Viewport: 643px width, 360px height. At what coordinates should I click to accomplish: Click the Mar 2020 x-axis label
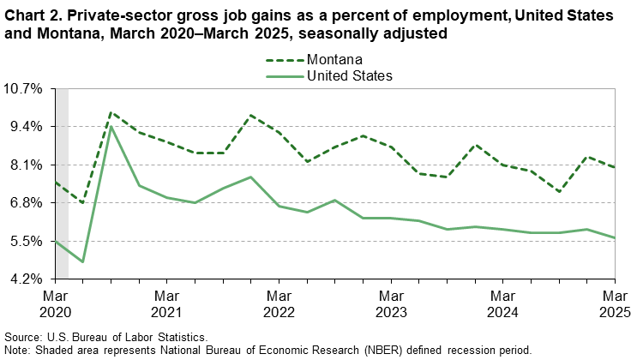pyautogui.click(x=55, y=302)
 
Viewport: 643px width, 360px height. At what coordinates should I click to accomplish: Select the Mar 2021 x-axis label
pyautogui.click(x=166, y=302)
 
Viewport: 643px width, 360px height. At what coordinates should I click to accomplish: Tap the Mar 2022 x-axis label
pyautogui.click(x=278, y=302)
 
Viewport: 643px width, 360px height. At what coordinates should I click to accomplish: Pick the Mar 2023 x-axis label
pyautogui.click(x=390, y=302)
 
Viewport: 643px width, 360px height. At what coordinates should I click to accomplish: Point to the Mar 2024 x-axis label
pyautogui.click(x=502, y=302)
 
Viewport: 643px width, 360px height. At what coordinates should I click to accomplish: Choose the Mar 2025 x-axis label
pyautogui.click(x=613, y=302)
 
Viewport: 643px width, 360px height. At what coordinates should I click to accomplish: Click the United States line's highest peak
pyautogui.click(x=111, y=127)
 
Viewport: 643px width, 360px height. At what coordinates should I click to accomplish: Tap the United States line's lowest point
pyautogui.click(x=83, y=261)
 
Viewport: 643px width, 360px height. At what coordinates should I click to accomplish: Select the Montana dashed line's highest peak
pyautogui.click(x=111, y=112)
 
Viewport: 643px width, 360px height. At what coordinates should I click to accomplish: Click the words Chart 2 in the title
pyautogui.click(x=30, y=17)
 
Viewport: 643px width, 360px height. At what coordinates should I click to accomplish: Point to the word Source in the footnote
pyautogui.click(x=23, y=338)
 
